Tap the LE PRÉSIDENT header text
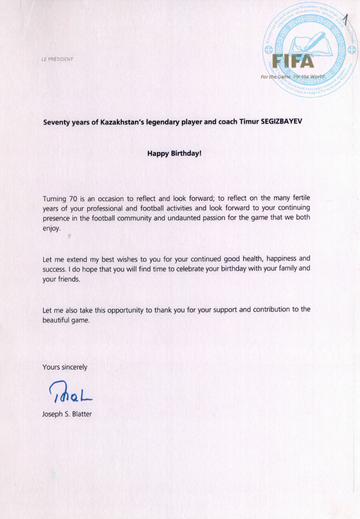(x=57, y=59)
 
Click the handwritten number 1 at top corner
(x=346, y=20)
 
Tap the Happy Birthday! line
(x=174, y=153)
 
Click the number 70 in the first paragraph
(x=72, y=198)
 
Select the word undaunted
(x=185, y=218)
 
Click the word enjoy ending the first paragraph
(x=51, y=228)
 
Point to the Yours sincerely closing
(x=65, y=367)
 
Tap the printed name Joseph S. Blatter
(x=67, y=414)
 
